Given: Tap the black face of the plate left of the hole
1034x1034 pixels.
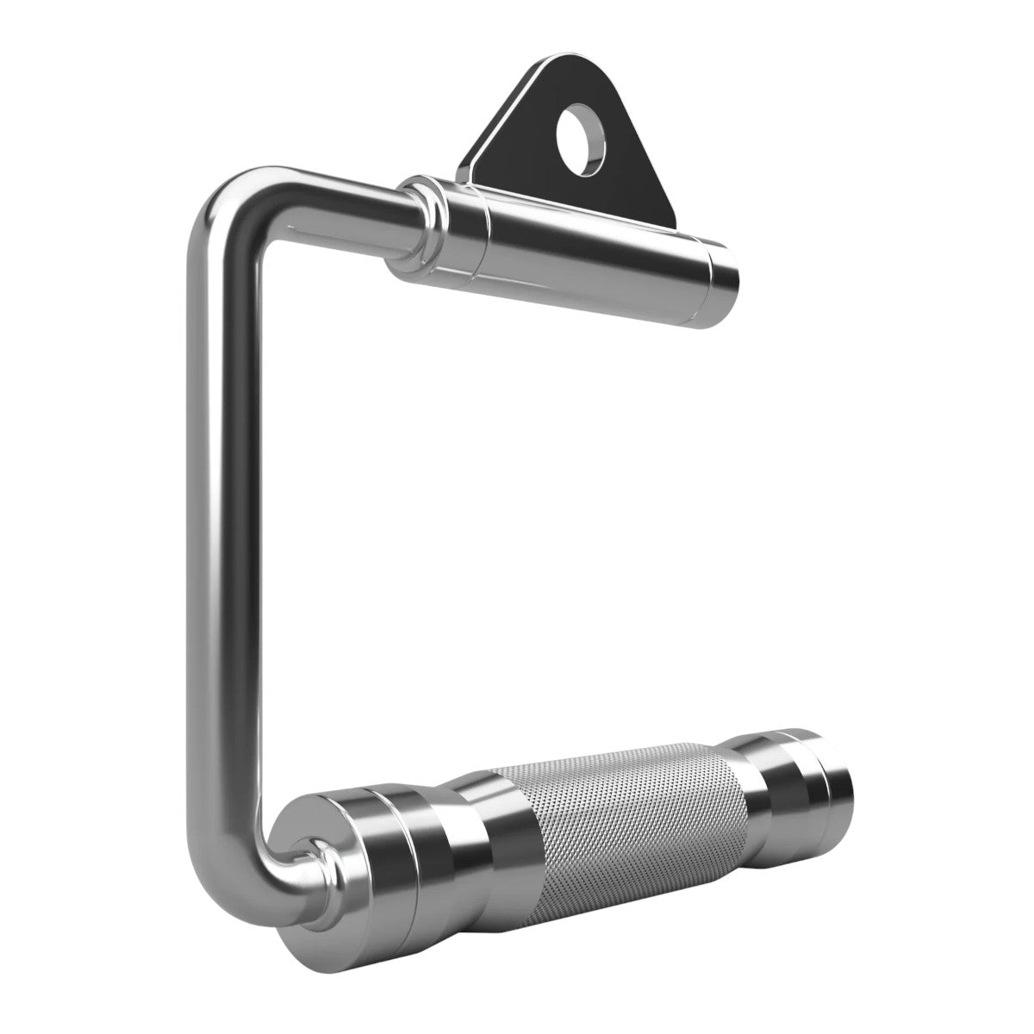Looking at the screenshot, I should pyautogui.click(x=526, y=138).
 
